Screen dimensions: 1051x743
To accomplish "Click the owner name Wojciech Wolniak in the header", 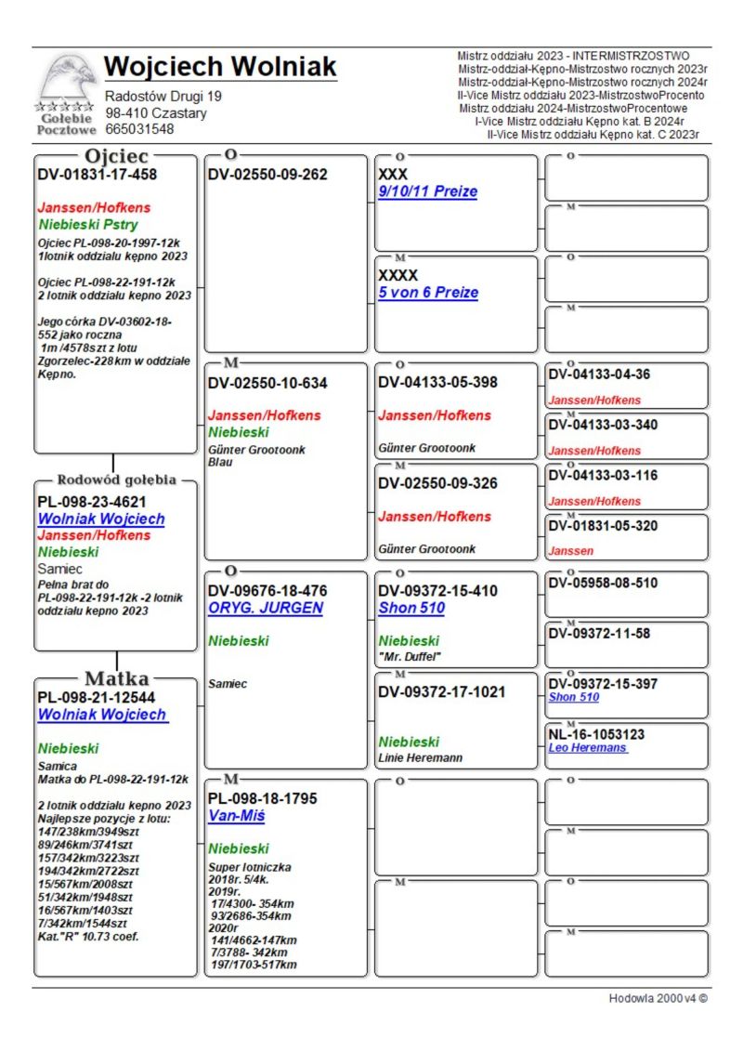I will tap(220, 67).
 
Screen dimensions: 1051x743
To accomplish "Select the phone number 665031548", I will tap(139, 129).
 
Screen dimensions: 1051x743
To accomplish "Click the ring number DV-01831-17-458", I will tap(97, 174).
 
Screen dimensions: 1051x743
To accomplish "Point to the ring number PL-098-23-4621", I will tap(92, 502).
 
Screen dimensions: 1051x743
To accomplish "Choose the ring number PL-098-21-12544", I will tap(96, 697).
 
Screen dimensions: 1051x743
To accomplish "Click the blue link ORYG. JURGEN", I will tap(265, 608).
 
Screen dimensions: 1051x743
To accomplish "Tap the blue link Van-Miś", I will tap(236, 816).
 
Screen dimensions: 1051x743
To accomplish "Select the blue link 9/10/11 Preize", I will tap(427, 191).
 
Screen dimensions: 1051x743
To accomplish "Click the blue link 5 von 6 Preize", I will tap(427, 293).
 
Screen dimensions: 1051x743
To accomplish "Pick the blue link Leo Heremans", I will tap(587, 748).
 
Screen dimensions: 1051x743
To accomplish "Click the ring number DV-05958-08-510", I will tap(603, 584).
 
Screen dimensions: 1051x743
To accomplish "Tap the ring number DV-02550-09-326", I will tap(437, 484).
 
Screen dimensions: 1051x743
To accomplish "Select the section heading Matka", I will tap(117, 677).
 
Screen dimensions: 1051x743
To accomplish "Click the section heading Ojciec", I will tap(117, 155).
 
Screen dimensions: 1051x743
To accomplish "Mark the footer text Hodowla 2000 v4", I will tap(658, 999).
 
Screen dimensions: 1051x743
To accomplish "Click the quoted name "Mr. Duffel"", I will tap(410, 656).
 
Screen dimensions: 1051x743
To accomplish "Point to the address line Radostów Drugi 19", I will tap(163, 97).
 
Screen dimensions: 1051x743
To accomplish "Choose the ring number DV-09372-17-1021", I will tap(441, 692).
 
